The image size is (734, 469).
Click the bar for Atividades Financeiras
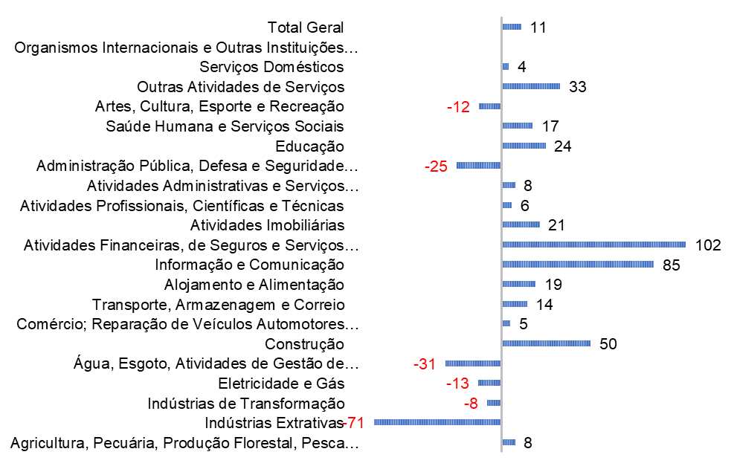(x=593, y=245)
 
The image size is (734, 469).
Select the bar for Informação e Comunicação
(x=578, y=265)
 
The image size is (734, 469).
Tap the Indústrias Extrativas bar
(x=437, y=422)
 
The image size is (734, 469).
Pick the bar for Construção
(x=546, y=343)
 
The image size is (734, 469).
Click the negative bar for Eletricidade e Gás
(x=489, y=383)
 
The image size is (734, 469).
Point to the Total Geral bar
(x=512, y=28)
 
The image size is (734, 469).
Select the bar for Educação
(x=524, y=146)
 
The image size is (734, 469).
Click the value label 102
(x=708, y=245)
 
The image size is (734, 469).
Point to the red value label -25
(x=436, y=166)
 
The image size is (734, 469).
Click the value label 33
(x=578, y=87)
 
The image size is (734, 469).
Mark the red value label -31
(x=425, y=364)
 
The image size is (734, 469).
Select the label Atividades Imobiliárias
(x=267, y=224)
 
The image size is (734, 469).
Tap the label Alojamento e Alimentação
(x=254, y=284)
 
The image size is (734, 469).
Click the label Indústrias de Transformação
(x=246, y=403)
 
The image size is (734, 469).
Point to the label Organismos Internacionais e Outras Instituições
(x=186, y=48)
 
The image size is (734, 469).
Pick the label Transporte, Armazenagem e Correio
(x=218, y=304)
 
